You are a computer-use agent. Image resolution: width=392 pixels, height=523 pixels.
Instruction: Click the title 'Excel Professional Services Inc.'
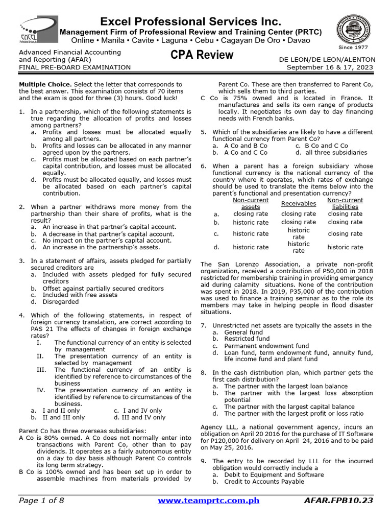coord(190,21)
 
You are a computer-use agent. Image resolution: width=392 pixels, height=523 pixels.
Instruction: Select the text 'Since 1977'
coord(353,47)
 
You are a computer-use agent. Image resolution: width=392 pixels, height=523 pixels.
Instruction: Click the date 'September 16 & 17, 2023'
coord(330,67)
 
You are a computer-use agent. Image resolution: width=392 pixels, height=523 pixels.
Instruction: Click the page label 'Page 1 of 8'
coord(41,501)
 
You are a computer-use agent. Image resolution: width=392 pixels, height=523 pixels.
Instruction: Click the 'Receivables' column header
coord(299,204)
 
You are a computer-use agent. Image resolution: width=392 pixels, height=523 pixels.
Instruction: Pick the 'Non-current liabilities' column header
coord(345,204)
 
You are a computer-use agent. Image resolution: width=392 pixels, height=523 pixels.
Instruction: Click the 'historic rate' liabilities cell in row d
coord(345,247)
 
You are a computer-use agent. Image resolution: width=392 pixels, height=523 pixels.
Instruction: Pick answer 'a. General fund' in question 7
coord(237,332)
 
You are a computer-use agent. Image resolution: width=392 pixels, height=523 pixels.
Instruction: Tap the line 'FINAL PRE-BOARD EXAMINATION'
coord(75,67)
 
